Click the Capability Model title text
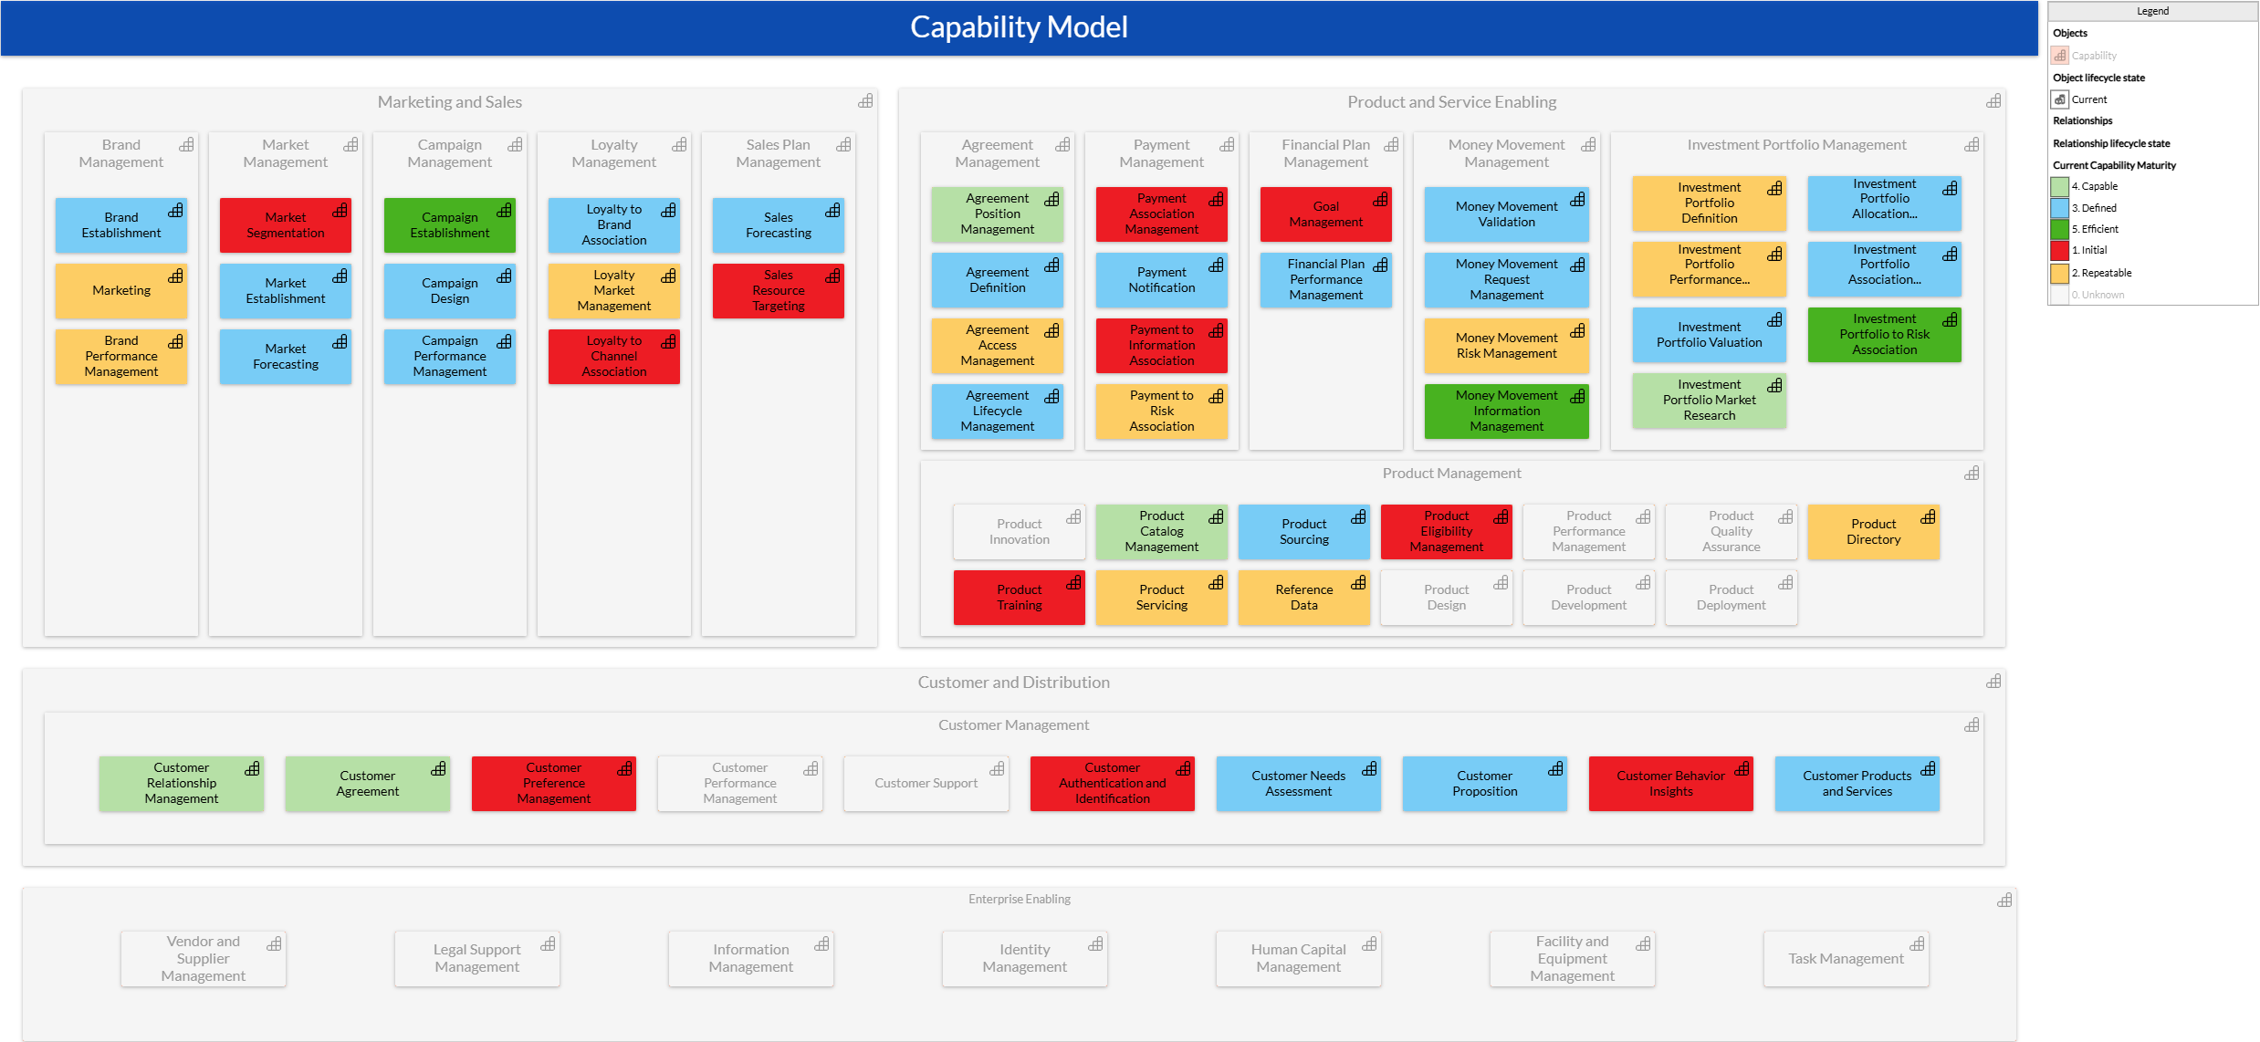coord(1019,27)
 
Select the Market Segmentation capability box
coord(285,225)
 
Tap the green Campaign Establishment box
coord(449,225)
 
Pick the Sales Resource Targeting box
coord(778,291)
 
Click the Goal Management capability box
coord(1325,214)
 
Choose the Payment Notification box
coord(1161,280)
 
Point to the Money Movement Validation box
coord(1506,214)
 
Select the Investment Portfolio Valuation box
coord(1709,335)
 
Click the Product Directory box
coord(1873,532)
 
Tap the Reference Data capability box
coord(1303,598)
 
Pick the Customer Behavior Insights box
coord(1670,784)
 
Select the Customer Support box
coord(926,784)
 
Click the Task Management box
coord(1846,959)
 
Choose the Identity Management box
coord(1024,959)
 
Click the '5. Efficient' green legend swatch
coord(2060,229)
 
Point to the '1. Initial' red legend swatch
coord(2060,250)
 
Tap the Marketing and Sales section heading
coord(449,102)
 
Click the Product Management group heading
coord(1451,474)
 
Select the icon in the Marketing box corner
coord(176,276)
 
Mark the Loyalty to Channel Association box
coord(613,357)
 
